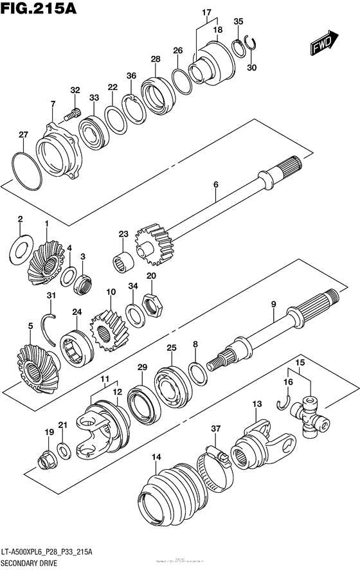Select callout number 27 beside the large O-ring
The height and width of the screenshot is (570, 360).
click(x=23, y=134)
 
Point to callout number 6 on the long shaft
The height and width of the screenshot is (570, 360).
click(x=216, y=184)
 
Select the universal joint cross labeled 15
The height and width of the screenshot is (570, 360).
click(x=310, y=414)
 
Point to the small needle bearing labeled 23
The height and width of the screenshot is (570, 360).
click(x=124, y=262)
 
